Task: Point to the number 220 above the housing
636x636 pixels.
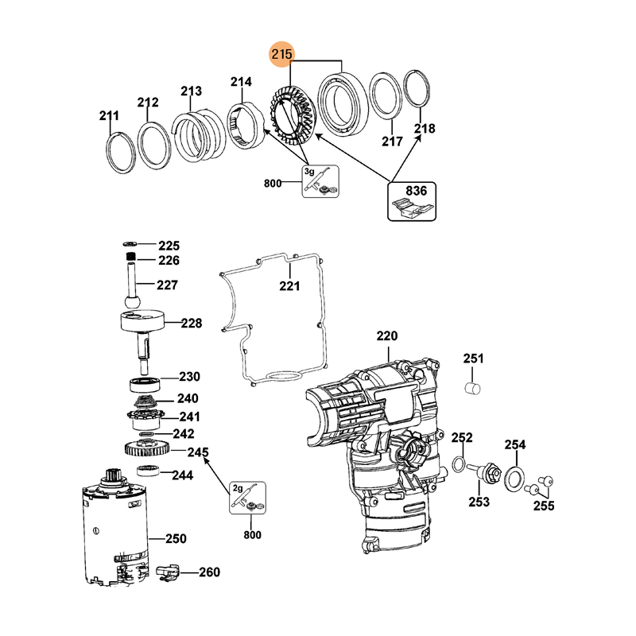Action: [x=386, y=336]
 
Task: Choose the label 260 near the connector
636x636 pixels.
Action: [x=208, y=572]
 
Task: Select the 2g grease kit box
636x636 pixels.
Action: [x=247, y=498]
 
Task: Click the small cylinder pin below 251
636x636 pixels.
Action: [x=474, y=388]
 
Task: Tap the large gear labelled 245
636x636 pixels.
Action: [x=146, y=450]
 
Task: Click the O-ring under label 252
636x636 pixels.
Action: [x=460, y=464]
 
